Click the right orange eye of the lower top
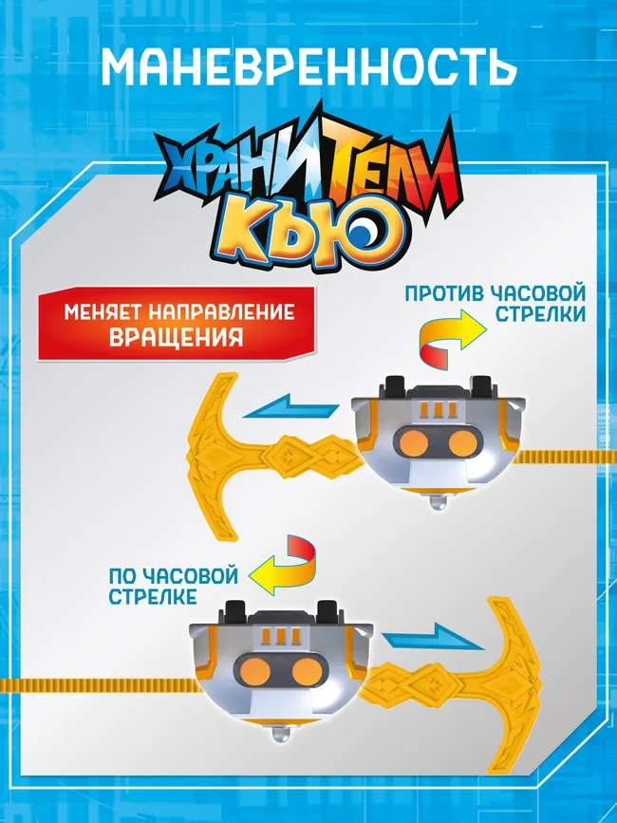pos(305,673)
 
